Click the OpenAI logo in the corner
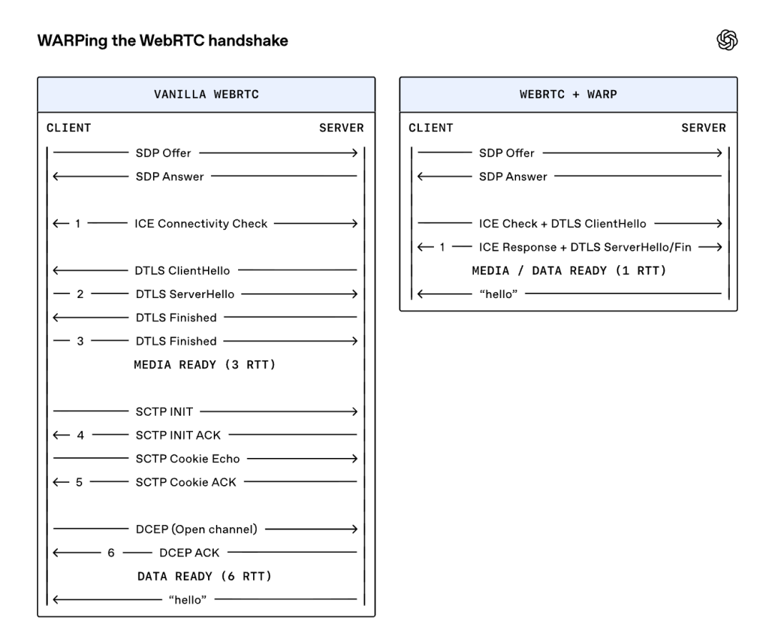(x=727, y=40)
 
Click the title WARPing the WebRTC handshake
(x=162, y=40)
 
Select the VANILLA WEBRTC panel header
(x=207, y=94)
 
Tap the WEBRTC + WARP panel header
(x=568, y=94)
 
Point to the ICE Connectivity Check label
(x=201, y=224)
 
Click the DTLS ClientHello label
(x=182, y=271)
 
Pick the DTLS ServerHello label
(x=185, y=294)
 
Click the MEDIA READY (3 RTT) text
(x=204, y=365)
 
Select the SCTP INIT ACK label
(x=178, y=435)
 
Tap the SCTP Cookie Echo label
(x=187, y=459)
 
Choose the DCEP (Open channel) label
(x=197, y=529)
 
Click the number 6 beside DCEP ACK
(x=111, y=553)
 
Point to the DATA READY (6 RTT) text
(x=204, y=577)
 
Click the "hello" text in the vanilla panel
(x=187, y=599)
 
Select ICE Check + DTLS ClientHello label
(x=563, y=224)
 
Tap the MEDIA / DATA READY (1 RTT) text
(x=569, y=271)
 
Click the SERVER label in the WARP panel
(x=703, y=128)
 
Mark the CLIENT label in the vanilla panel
(x=69, y=128)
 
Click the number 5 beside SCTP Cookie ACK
(x=79, y=482)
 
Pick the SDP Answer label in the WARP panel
(x=513, y=176)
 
